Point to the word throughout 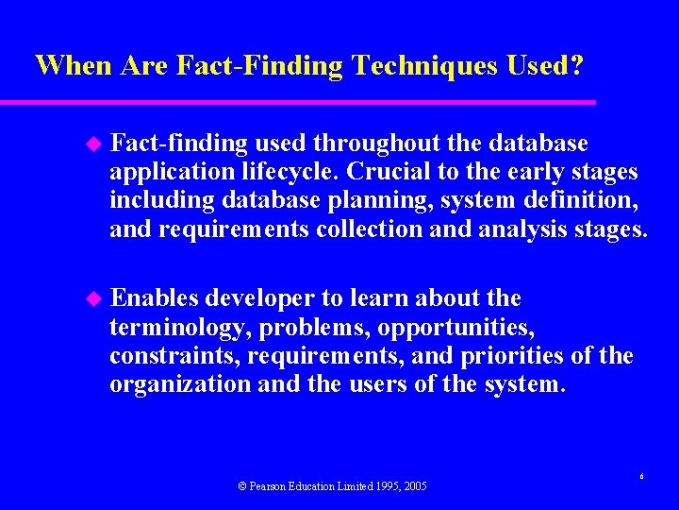377,144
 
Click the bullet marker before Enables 92,298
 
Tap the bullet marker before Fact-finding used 92,144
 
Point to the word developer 260,298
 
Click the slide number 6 641,477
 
